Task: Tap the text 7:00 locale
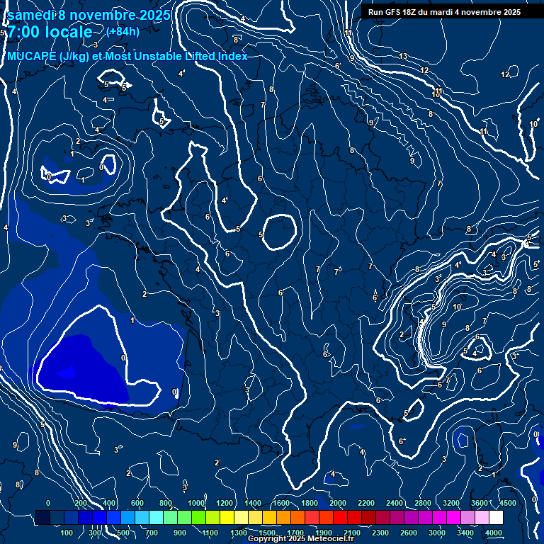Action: tap(49, 32)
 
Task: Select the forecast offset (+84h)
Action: tap(123, 31)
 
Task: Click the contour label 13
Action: tap(403, 56)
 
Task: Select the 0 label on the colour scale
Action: tap(48, 503)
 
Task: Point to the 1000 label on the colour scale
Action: tap(196, 503)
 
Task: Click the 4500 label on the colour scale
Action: tap(507, 503)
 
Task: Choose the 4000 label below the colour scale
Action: tap(494, 533)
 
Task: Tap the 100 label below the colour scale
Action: tap(67, 533)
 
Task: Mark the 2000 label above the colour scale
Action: tap(338, 503)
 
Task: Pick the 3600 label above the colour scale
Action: tap(480, 503)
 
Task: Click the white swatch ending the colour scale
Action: tap(496, 518)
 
